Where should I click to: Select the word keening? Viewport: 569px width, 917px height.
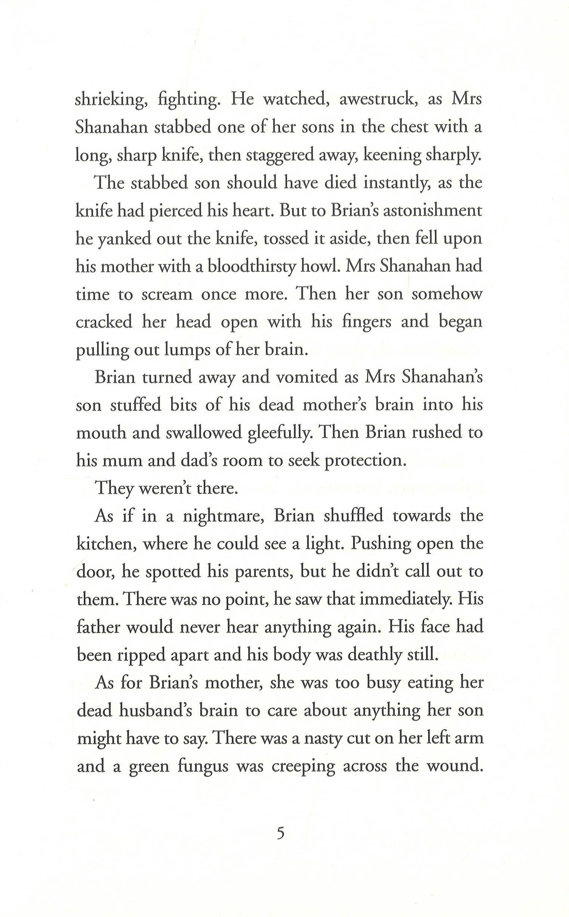tap(391, 155)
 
